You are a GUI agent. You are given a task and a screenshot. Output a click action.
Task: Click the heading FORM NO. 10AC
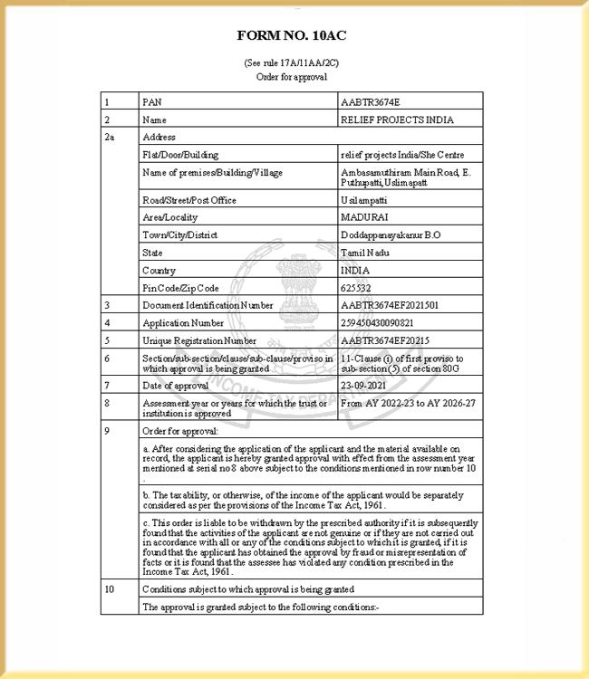click(292, 35)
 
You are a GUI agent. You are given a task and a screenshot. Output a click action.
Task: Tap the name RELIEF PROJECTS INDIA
click(397, 120)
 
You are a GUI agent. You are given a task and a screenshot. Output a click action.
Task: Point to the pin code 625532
click(356, 288)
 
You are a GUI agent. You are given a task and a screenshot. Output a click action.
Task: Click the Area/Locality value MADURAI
click(363, 217)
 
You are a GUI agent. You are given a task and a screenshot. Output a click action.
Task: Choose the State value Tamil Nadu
click(364, 253)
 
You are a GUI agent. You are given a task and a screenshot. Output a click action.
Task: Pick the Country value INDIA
click(355, 270)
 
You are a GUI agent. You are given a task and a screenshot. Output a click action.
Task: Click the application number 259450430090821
click(377, 323)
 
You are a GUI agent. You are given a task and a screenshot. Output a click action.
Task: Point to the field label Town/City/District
click(180, 235)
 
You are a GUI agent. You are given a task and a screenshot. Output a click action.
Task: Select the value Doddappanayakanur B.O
click(391, 235)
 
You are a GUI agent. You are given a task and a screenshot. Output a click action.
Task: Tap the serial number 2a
click(109, 137)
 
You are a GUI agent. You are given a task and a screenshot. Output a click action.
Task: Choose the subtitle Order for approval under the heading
click(292, 77)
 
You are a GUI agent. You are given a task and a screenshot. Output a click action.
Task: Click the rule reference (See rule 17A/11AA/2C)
click(292, 63)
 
